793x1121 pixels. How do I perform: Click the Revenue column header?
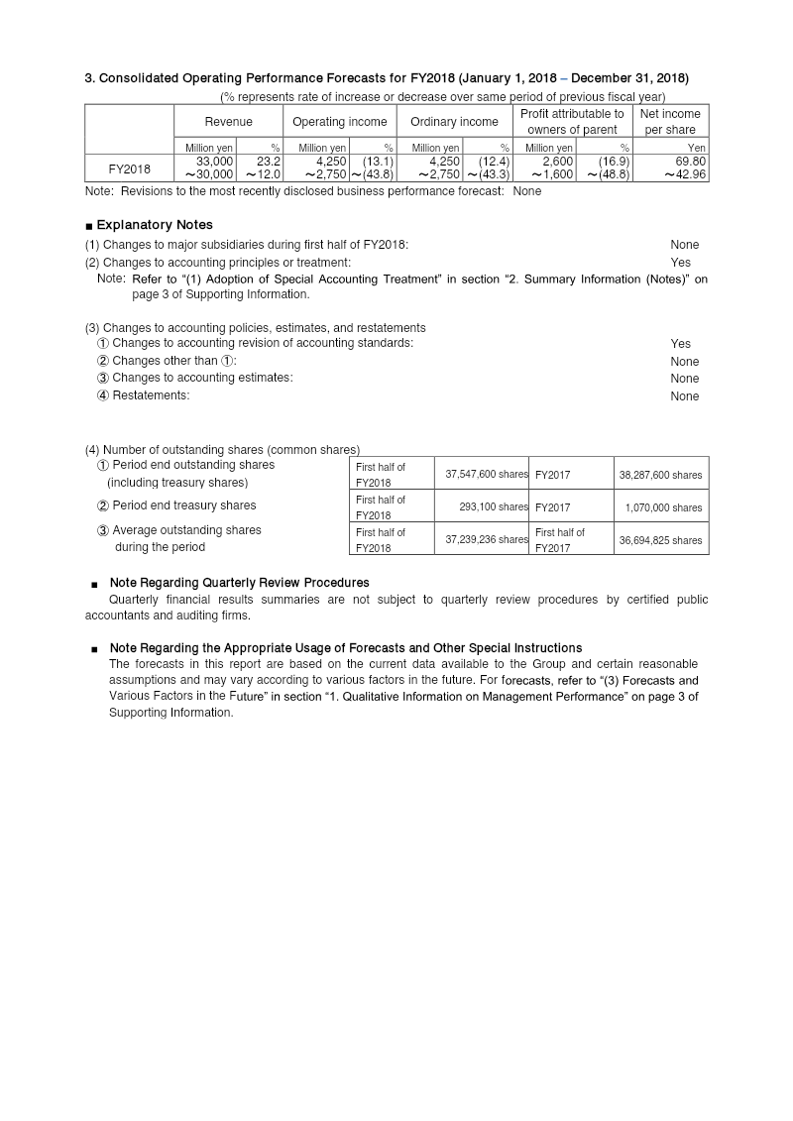coord(228,122)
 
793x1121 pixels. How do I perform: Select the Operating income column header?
coord(340,122)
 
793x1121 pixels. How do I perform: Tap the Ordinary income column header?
coord(454,122)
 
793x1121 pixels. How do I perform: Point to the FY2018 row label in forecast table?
coord(129,168)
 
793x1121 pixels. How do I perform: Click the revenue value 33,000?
coord(214,161)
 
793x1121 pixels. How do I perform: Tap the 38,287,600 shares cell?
coord(660,475)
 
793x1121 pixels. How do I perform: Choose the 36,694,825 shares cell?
coord(660,540)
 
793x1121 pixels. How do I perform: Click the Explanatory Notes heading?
coord(154,225)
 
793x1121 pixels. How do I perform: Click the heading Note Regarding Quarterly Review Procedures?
coord(239,583)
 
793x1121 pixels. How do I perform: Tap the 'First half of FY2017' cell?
coord(560,540)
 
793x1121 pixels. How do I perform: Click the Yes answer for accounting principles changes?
coord(680,263)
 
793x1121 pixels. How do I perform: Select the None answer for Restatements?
coord(684,396)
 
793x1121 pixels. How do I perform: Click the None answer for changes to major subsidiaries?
coord(684,245)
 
